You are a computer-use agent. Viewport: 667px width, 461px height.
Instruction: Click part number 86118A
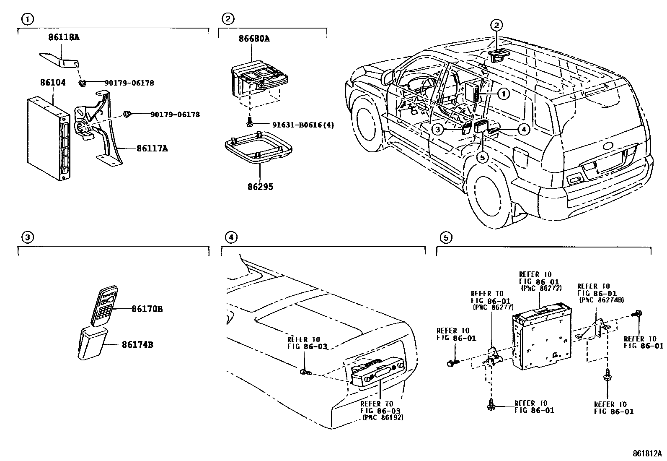click(63, 37)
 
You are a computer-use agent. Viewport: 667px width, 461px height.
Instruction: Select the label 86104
click(53, 83)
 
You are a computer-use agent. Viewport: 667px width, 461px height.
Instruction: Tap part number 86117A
click(152, 148)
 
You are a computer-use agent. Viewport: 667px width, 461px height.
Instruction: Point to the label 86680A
click(254, 39)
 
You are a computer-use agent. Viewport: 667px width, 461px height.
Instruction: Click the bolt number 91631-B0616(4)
click(297, 125)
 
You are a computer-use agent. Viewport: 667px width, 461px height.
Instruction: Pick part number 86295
click(260, 187)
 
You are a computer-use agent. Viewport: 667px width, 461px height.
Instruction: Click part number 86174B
click(137, 345)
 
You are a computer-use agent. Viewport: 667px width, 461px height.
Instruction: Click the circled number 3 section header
click(27, 238)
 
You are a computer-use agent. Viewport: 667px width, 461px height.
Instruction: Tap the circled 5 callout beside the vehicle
click(483, 157)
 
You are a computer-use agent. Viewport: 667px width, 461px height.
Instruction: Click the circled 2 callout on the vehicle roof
click(496, 26)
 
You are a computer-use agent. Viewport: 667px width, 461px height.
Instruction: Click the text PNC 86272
click(540, 288)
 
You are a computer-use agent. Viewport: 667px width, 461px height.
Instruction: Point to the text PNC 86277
click(493, 307)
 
